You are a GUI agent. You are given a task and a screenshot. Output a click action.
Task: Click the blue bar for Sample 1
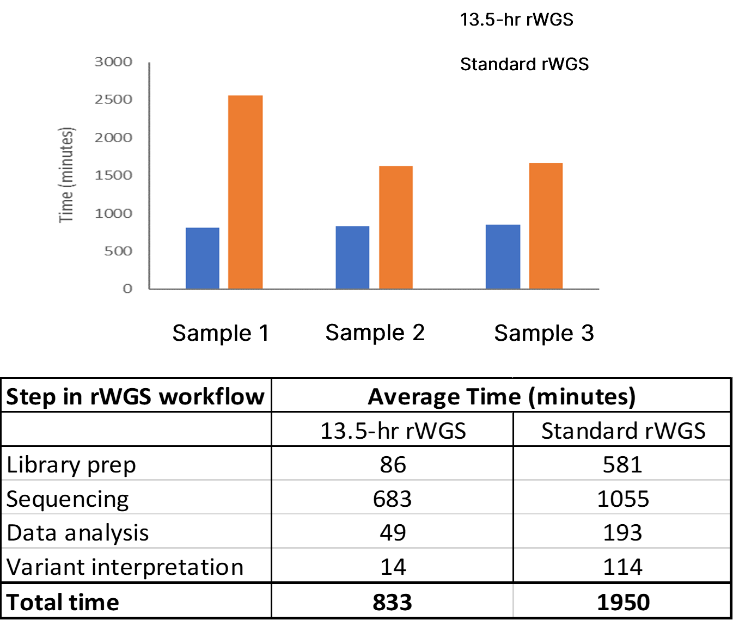(x=203, y=258)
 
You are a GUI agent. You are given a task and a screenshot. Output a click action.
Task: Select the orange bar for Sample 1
(x=245, y=192)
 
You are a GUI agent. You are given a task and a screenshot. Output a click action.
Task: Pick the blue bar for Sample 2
(x=352, y=257)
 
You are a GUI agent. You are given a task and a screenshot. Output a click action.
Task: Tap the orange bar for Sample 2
(x=396, y=228)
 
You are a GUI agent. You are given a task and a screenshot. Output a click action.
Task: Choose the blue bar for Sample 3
(x=503, y=256)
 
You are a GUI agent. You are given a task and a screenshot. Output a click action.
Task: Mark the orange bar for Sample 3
(x=546, y=226)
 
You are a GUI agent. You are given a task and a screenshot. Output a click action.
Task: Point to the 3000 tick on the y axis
(x=113, y=62)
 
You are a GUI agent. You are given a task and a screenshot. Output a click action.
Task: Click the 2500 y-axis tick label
(x=113, y=100)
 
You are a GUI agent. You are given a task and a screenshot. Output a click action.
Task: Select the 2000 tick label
(x=113, y=138)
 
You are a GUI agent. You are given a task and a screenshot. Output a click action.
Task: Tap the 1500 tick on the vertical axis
(x=113, y=175)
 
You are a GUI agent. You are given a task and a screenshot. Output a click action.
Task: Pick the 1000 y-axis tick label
(x=113, y=213)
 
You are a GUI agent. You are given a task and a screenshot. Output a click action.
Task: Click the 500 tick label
(x=118, y=251)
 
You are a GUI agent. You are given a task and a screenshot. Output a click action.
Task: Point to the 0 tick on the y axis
(x=127, y=288)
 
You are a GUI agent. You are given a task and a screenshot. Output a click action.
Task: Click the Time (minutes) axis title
(x=66, y=175)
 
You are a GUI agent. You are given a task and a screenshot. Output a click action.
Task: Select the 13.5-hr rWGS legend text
(x=516, y=20)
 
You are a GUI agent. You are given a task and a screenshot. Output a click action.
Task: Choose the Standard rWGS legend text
(x=524, y=64)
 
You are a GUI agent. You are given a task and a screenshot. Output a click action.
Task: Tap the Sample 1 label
(x=221, y=333)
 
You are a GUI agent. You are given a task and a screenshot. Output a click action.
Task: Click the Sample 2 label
(x=375, y=333)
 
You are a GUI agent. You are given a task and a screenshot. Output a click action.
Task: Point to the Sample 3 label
(x=543, y=333)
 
